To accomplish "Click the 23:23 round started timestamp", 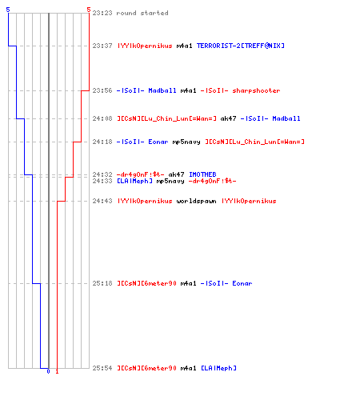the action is pos(102,13).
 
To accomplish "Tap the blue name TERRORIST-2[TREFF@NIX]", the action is pos(241,46).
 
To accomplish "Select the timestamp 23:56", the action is pos(102,90).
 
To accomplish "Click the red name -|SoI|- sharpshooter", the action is pos(240,90).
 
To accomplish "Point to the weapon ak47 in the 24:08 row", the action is pos(228,118).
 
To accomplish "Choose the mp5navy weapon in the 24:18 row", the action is pos(186,142).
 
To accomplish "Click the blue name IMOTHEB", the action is pos(202,174).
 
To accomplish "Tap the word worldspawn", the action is pos(196,201).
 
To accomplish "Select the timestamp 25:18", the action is pos(102,283).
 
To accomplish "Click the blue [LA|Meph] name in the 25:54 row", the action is pos(218,368).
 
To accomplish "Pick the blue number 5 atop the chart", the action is pos(8,10).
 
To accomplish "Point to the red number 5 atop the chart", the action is pos(89,10).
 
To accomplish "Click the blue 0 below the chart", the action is pos(48,371).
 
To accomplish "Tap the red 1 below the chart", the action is pos(57,371).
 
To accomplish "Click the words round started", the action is pos(142,13).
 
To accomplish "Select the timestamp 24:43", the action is pos(102,201).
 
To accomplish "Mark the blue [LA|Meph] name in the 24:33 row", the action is pos(134,182).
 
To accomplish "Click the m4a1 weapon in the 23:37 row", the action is pos(184,46).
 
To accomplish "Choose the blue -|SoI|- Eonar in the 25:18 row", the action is pos(226,283).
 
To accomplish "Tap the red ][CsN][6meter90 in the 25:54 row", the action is pos(146,368).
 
